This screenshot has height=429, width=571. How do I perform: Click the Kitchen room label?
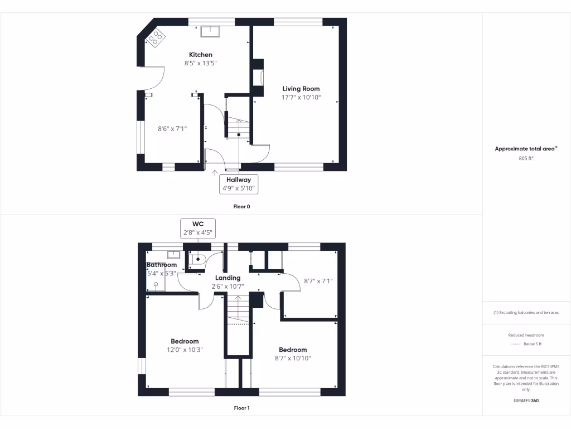201,55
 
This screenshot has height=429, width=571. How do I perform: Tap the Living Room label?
301,89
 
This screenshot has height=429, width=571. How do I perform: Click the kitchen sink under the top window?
211,31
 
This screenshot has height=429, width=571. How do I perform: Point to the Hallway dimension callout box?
239,184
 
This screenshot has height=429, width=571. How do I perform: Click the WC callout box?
198,228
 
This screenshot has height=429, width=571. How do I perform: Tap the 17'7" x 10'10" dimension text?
301,98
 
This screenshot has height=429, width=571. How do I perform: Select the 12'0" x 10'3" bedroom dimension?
185,350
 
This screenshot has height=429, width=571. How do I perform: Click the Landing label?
228,278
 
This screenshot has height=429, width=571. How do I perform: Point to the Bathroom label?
162,265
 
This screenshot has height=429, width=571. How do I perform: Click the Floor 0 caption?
241,206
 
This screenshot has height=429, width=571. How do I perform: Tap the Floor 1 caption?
241,408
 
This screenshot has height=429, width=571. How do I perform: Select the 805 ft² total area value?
526,158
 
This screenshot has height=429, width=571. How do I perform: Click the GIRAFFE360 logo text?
526,401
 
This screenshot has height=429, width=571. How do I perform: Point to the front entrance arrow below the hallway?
215,173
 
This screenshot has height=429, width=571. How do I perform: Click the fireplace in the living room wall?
259,77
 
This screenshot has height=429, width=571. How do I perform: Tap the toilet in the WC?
199,259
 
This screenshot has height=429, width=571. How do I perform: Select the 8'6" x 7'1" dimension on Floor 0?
172,128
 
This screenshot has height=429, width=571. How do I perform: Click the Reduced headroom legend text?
526,335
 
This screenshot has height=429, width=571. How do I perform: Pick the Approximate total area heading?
526,149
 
